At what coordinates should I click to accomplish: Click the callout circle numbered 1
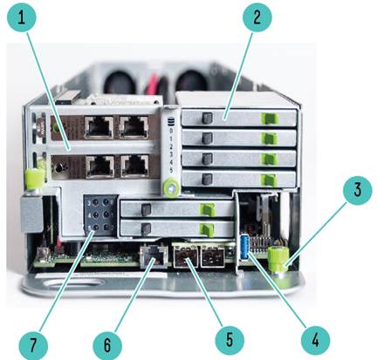[x=22, y=17]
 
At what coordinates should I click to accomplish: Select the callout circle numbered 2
[x=257, y=17]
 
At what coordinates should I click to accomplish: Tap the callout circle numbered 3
[x=357, y=191]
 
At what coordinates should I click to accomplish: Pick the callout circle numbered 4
[x=315, y=341]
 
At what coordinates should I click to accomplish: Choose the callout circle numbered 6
[x=107, y=345]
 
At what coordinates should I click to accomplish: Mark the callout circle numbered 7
[x=33, y=345]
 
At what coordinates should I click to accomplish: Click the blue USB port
[x=244, y=248]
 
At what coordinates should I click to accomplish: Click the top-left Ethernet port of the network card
[x=99, y=127]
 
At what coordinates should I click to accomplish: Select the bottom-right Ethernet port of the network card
[x=134, y=166]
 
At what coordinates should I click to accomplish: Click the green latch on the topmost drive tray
[x=270, y=119]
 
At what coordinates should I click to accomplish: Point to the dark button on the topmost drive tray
[x=207, y=118]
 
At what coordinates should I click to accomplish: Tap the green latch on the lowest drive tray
[x=209, y=229]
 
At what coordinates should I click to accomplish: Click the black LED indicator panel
[x=100, y=214]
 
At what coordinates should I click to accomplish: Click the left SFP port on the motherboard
[x=186, y=256]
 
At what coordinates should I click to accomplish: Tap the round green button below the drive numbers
[x=171, y=187]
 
